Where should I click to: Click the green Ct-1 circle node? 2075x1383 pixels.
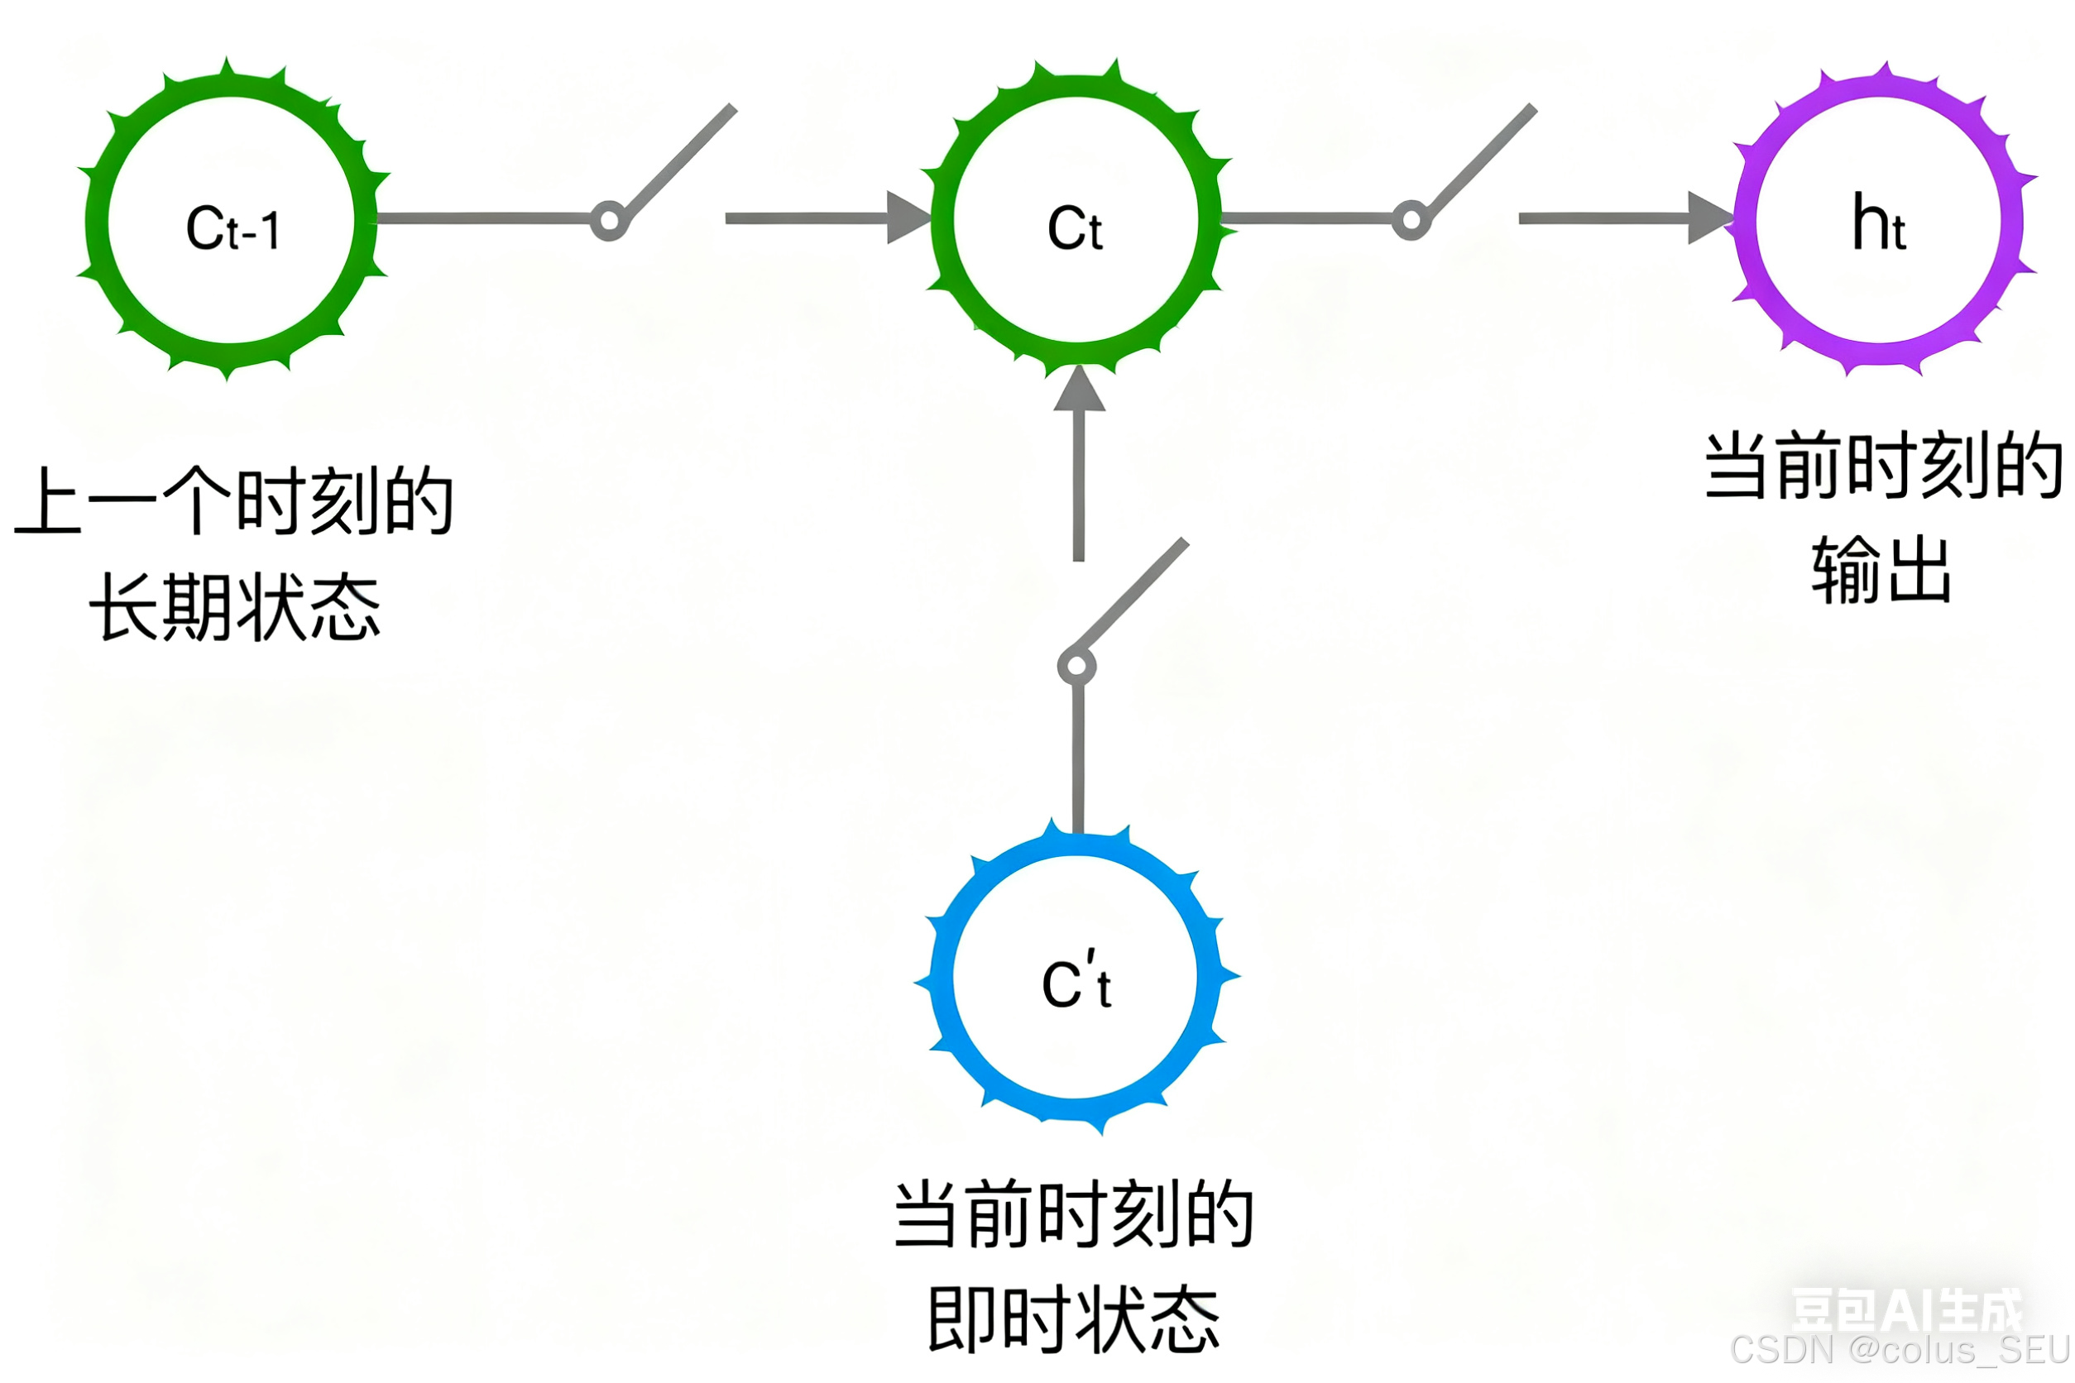[232, 221]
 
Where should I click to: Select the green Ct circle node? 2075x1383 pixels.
[1076, 221]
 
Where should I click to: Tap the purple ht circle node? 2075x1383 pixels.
[1878, 221]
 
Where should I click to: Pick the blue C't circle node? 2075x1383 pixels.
[1076, 977]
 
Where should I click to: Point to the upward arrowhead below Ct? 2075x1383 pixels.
[1079, 390]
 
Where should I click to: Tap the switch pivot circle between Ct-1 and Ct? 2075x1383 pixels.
[609, 220]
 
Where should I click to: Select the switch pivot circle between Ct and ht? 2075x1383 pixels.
[1411, 220]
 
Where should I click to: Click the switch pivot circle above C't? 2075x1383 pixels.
[1076, 667]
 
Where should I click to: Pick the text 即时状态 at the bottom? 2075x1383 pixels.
[1074, 1319]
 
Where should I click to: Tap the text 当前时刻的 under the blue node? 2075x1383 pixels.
[1074, 1214]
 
